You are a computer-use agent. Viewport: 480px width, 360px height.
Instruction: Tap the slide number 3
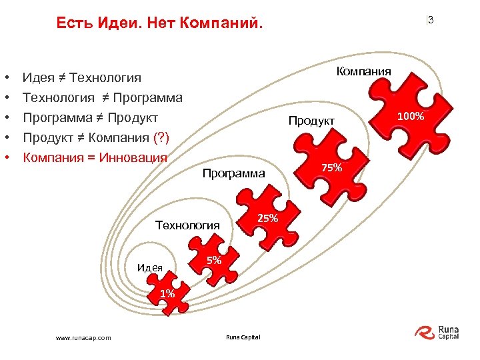click(x=431, y=20)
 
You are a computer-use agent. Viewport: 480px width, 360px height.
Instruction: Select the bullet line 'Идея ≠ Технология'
click(x=82, y=79)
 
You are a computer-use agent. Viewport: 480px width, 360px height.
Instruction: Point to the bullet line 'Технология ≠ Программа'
click(x=102, y=98)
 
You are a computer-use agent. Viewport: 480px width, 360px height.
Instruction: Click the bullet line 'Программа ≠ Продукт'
click(x=90, y=118)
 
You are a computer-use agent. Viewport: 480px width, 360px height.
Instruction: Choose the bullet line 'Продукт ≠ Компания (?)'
click(x=96, y=138)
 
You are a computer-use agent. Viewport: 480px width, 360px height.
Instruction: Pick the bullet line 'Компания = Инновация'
click(x=94, y=158)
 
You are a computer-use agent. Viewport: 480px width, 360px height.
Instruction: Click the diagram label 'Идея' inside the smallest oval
click(x=149, y=268)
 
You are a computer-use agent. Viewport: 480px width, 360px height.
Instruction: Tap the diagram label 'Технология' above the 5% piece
click(x=187, y=225)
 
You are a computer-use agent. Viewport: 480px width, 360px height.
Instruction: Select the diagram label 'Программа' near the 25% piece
click(x=233, y=174)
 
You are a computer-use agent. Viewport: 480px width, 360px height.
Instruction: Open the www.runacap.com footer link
click(x=83, y=337)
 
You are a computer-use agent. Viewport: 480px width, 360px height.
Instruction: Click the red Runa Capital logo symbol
click(x=425, y=331)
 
